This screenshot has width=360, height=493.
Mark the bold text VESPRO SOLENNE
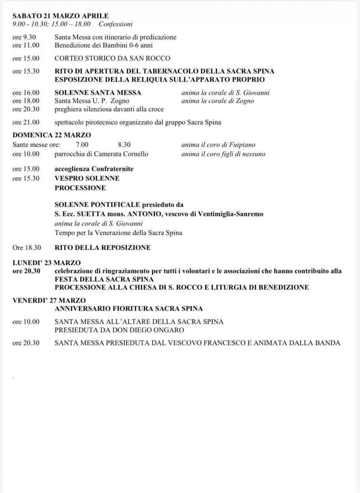(x=87, y=178)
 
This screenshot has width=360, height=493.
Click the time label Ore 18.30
(x=26, y=248)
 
